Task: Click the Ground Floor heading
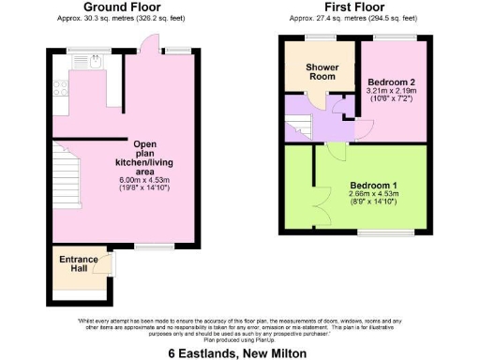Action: (x=127, y=7)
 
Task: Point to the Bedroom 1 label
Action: (x=374, y=185)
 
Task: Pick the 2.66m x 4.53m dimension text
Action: (x=374, y=194)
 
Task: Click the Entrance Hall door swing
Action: (x=112, y=265)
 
